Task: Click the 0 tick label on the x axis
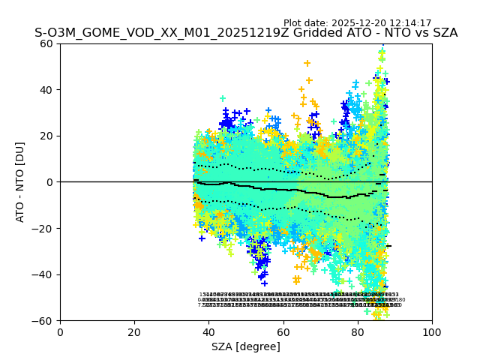click(x=60, y=332)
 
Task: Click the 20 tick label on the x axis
click(x=134, y=332)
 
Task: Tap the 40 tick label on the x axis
click(x=208, y=332)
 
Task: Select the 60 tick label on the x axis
click(x=283, y=332)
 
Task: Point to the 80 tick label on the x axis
click(x=358, y=332)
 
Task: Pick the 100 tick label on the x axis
click(x=432, y=332)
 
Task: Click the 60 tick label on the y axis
click(x=46, y=43)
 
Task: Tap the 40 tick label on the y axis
click(x=46, y=90)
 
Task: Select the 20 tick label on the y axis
click(x=46, y=136)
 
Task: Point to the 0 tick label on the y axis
click(x=49, y=182)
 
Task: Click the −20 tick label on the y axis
click(x=43, y=229)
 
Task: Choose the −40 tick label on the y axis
click(x=43, y=274)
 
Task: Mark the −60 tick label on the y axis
click(x=43, y=321)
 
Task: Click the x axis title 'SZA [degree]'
click(x=246, y=346)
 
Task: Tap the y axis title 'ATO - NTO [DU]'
click(x=20, y=182)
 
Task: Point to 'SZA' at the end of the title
click(x=444, y=34)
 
